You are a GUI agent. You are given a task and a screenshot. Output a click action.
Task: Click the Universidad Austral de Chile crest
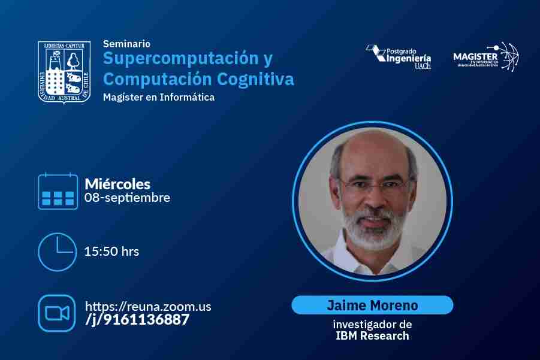point(64,72)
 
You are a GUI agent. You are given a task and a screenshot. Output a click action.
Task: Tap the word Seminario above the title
point(126,44)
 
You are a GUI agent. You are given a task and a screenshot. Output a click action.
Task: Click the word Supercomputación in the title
point(181,58)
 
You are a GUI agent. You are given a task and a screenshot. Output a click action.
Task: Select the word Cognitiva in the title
point(255,79)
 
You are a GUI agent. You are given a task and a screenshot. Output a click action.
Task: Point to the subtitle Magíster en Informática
point(159,97)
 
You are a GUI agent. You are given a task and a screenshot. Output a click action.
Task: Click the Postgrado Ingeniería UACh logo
point(399,57)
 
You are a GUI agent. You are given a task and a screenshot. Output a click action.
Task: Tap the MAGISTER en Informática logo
point(486,57)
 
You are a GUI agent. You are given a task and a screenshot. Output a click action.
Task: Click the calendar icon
point(58,191)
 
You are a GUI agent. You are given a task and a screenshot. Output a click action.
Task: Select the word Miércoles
point(117,184)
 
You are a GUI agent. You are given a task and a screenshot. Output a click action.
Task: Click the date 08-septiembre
point(128,198)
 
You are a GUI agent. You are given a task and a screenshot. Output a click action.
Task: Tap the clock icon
point(57,252)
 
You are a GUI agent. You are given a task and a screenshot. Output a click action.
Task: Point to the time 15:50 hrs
point(111,251)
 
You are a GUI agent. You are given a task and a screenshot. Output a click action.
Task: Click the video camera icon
point(57,313)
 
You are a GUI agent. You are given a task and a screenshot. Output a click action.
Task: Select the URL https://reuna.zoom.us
point(148,306)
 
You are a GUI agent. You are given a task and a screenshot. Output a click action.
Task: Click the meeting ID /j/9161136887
point(137,320)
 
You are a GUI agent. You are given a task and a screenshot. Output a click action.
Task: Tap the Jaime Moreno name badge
point(372,305)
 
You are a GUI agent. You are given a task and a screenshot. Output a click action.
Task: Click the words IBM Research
point(372,335)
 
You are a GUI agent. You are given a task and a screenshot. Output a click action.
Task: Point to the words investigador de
point(372,324)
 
